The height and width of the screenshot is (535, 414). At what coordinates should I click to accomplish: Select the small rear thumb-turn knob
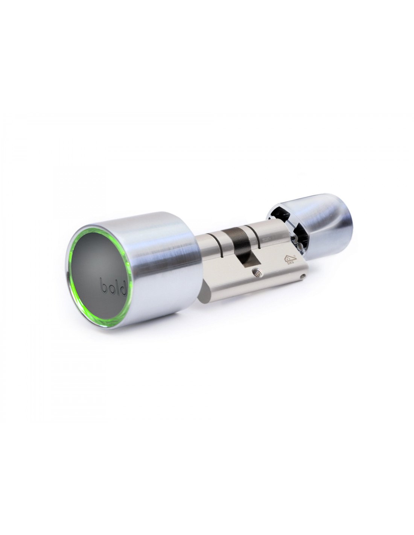click(324, 226)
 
